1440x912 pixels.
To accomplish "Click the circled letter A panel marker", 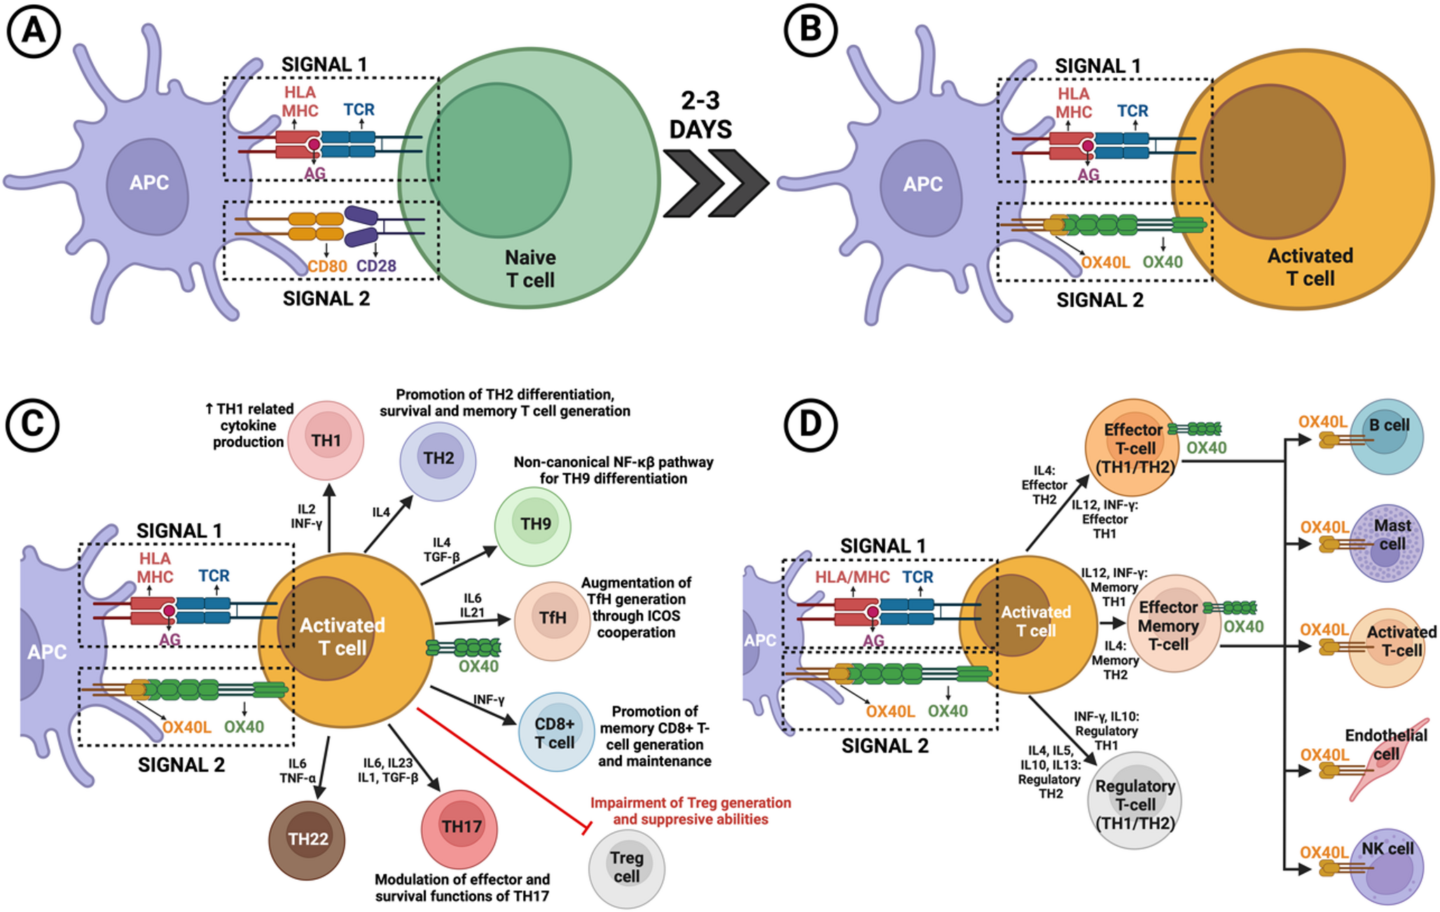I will click(x=33, y=32).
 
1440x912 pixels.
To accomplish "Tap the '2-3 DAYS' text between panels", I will click(x=700, y=116).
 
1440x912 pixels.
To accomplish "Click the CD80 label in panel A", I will click(x=327, y=266).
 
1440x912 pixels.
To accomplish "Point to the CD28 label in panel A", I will click(x=376, y=266).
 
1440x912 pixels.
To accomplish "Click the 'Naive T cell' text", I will click(x=530, y=269).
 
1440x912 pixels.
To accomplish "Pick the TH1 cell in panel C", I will click(x=326, y=440).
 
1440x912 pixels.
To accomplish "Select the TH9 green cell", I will click(x=533, y=525).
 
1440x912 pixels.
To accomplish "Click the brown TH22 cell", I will click(x=307, y=840).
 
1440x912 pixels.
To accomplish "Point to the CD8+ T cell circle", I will click(x=555, y=733).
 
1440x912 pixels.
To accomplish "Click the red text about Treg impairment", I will click(x=690, y=811).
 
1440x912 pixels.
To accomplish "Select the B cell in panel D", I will click(x=1387, y=436).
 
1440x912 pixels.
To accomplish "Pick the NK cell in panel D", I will click(x=1387, y=867).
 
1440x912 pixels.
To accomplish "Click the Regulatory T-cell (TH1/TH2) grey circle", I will click(x=1135, y=801).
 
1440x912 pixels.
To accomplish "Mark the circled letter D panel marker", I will click(x=810, y=425).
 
